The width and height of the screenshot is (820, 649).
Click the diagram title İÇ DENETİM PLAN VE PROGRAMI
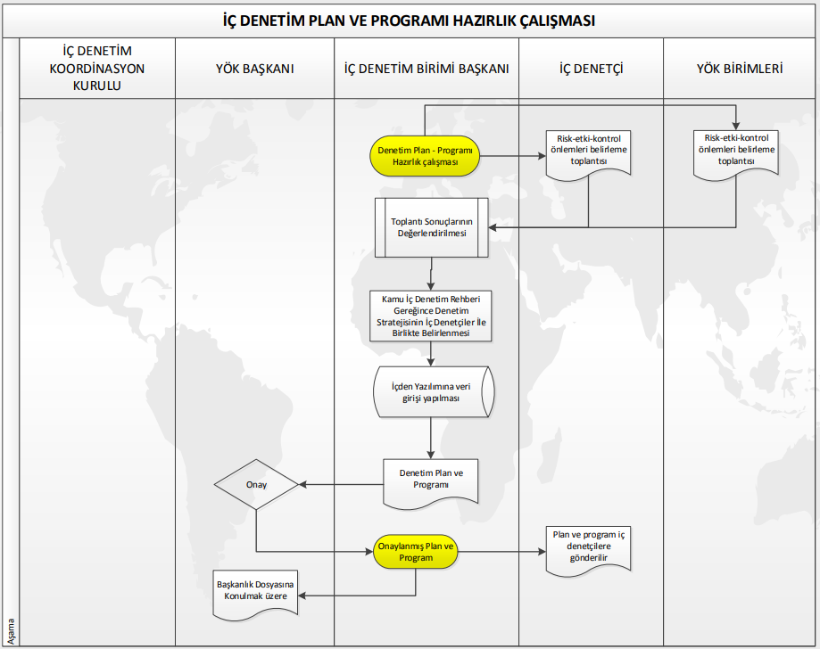[x=410, y=20]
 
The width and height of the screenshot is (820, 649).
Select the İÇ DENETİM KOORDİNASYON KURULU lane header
[x=97, y=68]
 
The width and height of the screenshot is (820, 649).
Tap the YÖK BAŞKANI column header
[x=254, y=68]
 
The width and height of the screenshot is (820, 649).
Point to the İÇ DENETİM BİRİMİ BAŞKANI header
[x=427, y=68]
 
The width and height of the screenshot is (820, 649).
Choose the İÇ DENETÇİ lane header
[x=591, y=68]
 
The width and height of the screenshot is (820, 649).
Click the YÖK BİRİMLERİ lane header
[x=740, y=68]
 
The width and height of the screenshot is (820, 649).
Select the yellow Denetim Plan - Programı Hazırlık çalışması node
[x=424, y=156]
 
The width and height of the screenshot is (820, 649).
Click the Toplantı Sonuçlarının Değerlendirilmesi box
[x=432, y=227]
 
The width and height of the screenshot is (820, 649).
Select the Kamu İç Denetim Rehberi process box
[x=432, y=315]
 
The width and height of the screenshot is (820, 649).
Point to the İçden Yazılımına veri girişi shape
[x=432, y=392]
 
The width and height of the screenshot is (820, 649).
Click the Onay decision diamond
[x=256, y=485]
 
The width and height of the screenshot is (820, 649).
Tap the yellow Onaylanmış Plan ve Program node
[x=416, y=552]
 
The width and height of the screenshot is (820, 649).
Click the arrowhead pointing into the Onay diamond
[x=302, y=485]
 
